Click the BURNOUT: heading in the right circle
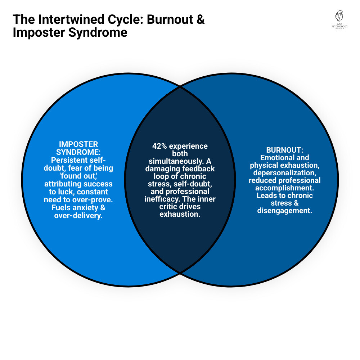pos(284,150)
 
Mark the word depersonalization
pos(284,173)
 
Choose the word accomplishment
pos(284,188)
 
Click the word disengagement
pos(284,211)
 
